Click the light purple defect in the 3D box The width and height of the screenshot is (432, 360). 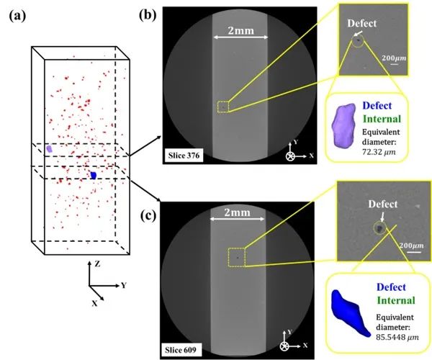coord(50,149)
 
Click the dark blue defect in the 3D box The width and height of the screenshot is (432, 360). coord(93,175)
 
